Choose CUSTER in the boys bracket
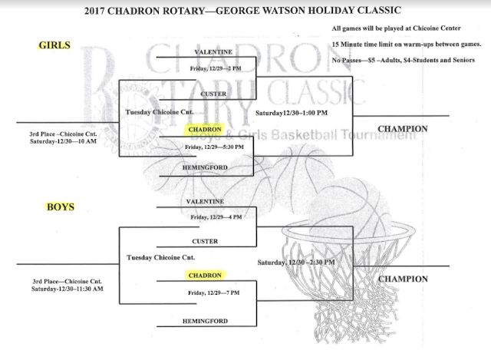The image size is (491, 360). tap(205, 240)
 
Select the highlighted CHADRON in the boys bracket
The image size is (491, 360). tap(205, 274)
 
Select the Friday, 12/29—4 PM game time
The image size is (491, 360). tap(215, 217)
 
